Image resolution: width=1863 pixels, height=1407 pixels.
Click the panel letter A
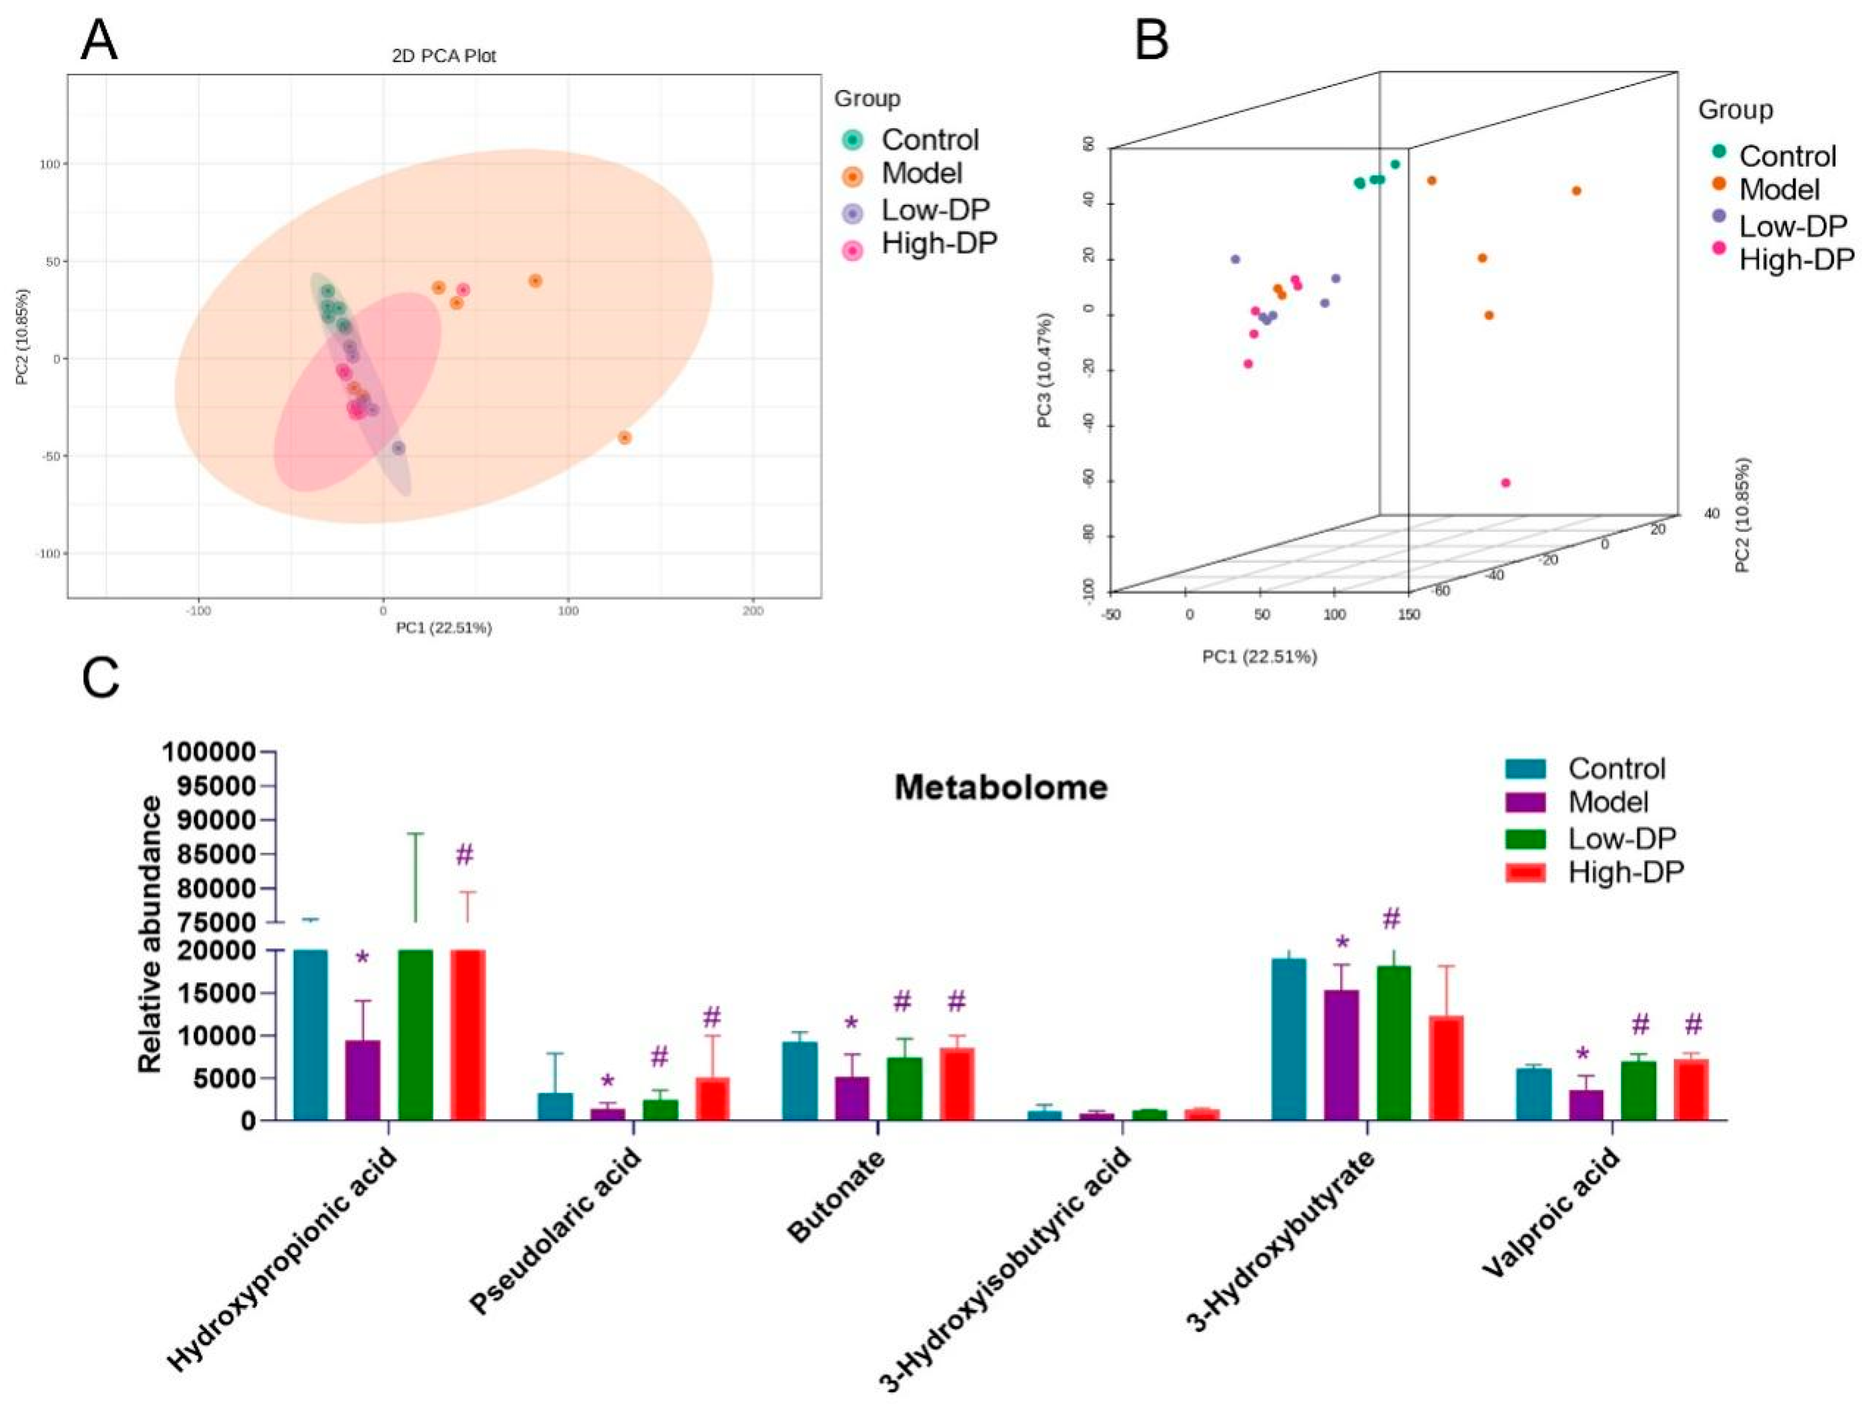(x=99, y=40)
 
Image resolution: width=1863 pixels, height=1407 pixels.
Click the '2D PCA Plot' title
(x=444, y=57)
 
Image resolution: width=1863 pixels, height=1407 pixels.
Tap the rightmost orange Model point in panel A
(x=625, y=438)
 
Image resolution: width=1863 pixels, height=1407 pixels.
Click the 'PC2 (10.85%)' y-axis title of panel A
(x=23, y=337)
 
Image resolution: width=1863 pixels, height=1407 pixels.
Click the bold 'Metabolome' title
(x=1000, y=787)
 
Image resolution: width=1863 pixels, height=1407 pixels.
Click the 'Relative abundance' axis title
(x=150, y=935)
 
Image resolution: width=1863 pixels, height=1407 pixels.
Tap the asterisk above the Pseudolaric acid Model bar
(x=607, y=1082)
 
